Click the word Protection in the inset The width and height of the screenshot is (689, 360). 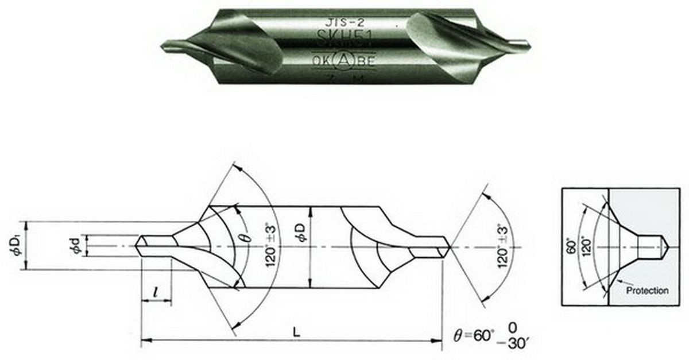pyautogui.click(x=647, y=291)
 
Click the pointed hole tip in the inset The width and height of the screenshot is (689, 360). pyautogui.click(x=668, y=246)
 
